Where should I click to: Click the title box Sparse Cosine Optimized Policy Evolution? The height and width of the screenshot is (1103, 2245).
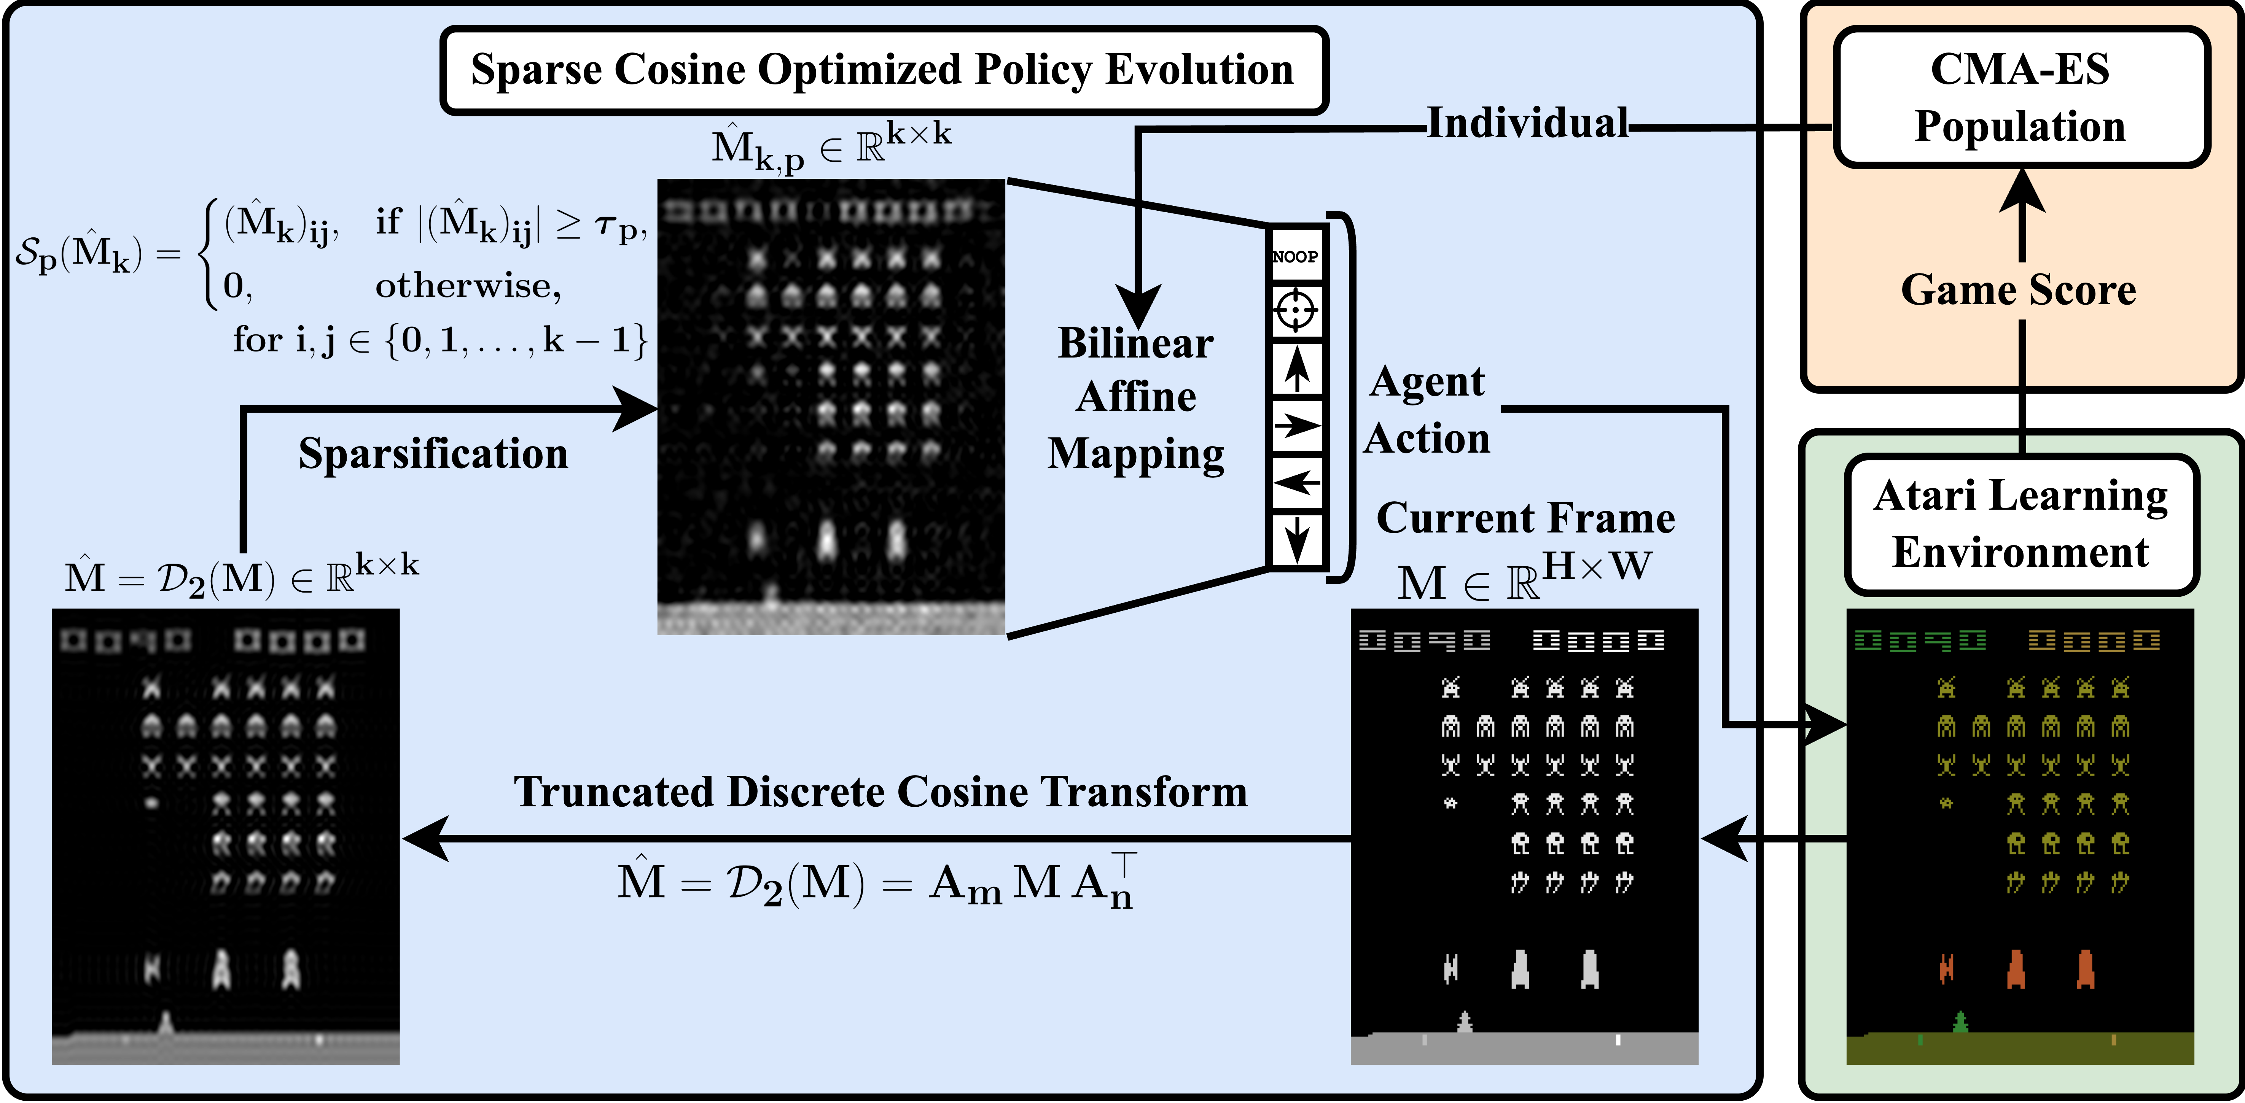click(883, 70)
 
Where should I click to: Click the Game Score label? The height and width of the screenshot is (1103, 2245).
click(2019, 290)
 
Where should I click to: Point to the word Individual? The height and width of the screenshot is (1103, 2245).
click(1527, 124)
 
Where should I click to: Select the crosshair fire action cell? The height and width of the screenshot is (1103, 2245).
click(1296, 311)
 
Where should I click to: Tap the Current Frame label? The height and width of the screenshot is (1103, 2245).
click(1525, 518)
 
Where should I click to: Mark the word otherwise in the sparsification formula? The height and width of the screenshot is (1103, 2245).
click(468, 286)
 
